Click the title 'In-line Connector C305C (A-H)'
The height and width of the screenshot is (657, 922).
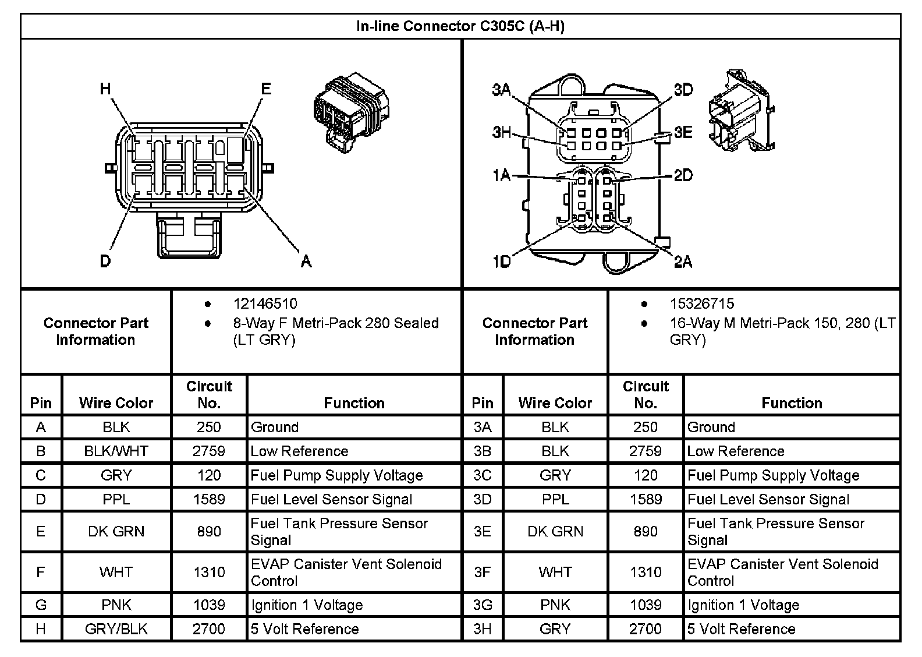pos(460,26)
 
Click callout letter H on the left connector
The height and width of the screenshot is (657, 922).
pos(105,89)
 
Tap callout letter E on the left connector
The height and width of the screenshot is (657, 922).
pos(265,89)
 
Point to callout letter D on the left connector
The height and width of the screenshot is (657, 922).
pos(105,260)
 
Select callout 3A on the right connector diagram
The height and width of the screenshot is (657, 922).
pos(501,90)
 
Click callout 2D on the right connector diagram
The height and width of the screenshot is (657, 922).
pos(683,175)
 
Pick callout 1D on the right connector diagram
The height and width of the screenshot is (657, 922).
pos(501,262)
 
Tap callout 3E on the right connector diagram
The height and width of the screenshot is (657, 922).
pos(683,132)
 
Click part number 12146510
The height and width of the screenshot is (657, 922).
pos(265,303)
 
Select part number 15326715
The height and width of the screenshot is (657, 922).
pos(701,303)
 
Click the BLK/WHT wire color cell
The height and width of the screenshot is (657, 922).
pos(116,451)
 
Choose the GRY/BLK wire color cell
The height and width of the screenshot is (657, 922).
pos(116,629)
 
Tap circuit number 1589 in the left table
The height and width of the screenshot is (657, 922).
pos(209,499)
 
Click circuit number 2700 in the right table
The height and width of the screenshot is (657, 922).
pos(646,629)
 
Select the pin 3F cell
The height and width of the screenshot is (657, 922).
pos(483,572)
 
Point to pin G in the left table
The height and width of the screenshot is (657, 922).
pos(41,605)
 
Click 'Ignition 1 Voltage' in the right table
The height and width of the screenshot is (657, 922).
pos(743,605)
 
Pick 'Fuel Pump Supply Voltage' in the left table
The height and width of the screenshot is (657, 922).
pos(336,475)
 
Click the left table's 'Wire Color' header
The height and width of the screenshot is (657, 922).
pos(116,402)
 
